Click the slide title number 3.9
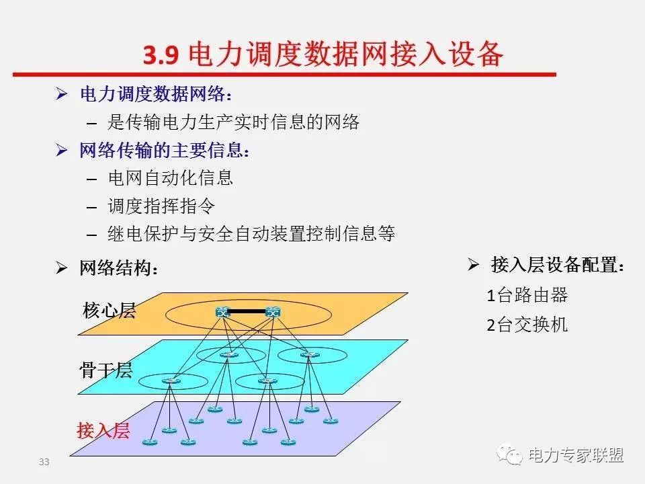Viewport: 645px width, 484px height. [x=161, y=54]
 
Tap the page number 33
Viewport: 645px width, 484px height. [x=44, y=462]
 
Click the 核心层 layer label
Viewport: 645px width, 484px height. [x=109, y=311]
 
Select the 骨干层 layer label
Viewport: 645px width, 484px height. [x=105, y=370]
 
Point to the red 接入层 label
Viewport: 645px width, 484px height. [x=103, y=430]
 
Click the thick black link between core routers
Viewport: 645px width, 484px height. [x=248, y=311]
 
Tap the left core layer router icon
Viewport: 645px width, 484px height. [x=222, y=313]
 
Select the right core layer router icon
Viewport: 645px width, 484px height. [x=273, y=313]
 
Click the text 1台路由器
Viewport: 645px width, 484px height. [x=527, y=295]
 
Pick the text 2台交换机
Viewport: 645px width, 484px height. [x=527, y=325]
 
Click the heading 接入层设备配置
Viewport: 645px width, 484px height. [x=558, y=265]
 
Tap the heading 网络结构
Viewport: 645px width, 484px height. [x=119, y=268]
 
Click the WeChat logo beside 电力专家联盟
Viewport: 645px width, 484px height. [x=509, y=454]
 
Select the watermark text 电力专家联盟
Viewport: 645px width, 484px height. [x=576, y=455]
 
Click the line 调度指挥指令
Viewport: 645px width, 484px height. [x=162, y=206]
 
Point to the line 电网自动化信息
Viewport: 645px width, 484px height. [x=171, y=177]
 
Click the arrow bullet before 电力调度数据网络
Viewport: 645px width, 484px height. [x=62, y=94]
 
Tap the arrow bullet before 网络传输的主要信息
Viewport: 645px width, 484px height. [x=62, y=150]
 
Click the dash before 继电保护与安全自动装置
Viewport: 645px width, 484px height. [x=92, y=235]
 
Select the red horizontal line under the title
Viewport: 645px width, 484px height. [x=284, y=75]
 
